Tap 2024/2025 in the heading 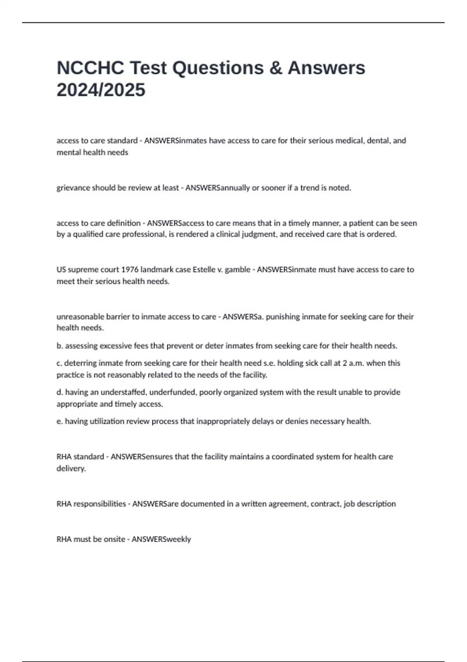[x=101, y=90]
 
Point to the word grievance [x=73, y=188]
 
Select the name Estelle [x=204, y=269]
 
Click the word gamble [x=237, y=269]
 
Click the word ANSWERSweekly [x=161, y=539]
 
